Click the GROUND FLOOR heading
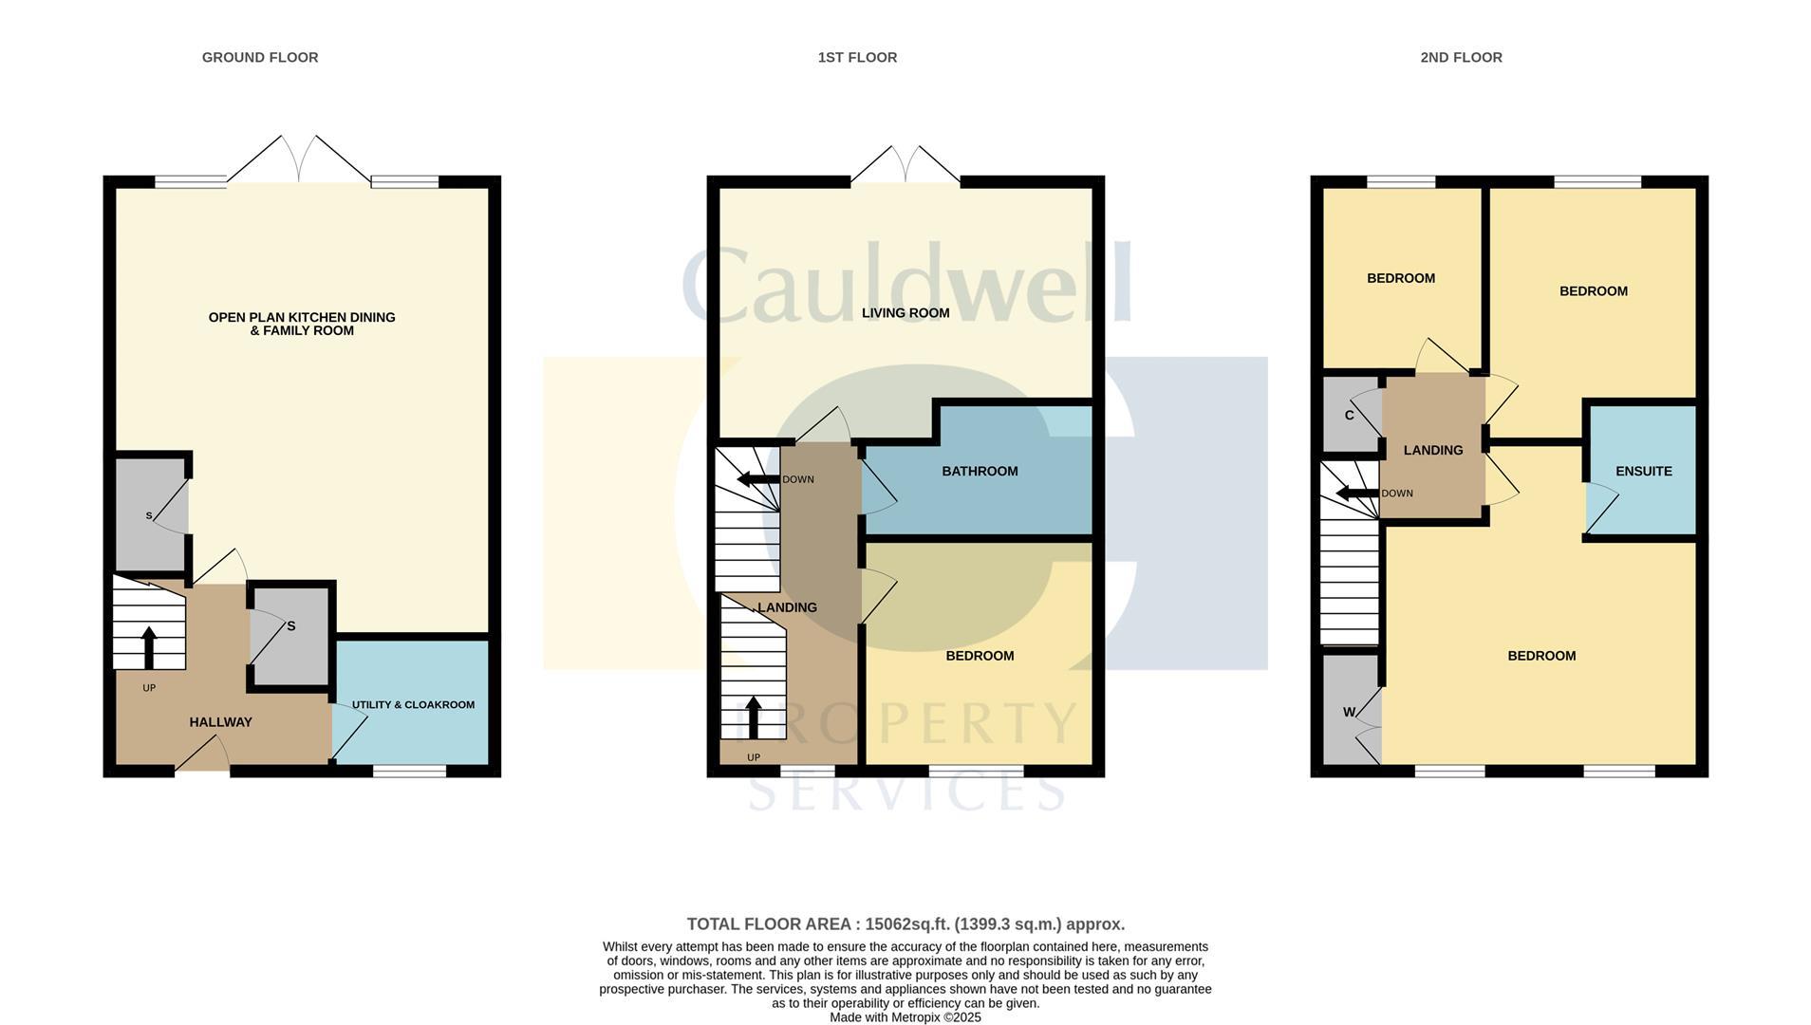tap(259, 58)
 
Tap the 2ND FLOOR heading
tap(1460, 58)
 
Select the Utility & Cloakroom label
tap(413, 705)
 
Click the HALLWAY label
tap(220, 722)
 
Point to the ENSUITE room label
tap(1643, 472)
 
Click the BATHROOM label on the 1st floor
tap(979, 472)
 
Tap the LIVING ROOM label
tap(905, 313)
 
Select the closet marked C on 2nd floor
tap(1349, 416)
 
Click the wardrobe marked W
tap(1349, 713)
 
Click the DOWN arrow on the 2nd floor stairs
tap(1355, 494)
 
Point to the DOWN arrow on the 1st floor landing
tap(757, 479)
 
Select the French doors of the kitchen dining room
tap(299, 159)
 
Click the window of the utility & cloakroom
tap(409, 772)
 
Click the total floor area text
tap(905, 924)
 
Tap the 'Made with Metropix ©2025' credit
tap(905, 1017)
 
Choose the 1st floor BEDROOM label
tap(979, 656)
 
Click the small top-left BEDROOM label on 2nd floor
tap(1400, 279)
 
